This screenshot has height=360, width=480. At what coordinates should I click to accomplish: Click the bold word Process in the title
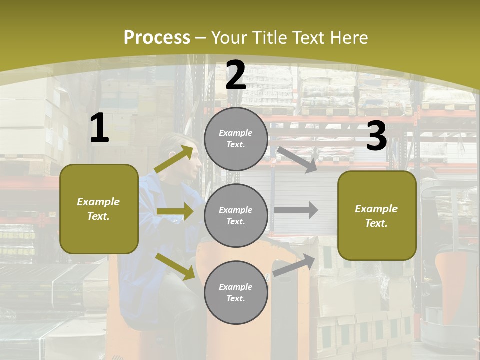pyautogui.click(x=157, y=37)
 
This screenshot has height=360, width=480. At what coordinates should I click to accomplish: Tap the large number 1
pyautogui.click(x=99, y=128)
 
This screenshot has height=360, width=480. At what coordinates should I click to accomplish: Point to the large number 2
pyautogui.click(x=236, y=75)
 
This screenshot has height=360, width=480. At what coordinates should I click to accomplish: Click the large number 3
pyautogui.click(x=376, y=136)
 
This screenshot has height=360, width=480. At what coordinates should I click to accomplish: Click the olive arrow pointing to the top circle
pyautogui.click(x=174, y=159)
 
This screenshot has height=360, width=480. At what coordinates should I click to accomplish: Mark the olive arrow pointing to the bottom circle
pyautogui.click(x=175, y=266)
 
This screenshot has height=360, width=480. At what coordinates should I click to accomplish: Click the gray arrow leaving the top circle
pyautogui.click(x=297, y=159)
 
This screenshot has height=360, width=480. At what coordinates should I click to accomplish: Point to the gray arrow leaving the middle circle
pyautogui.click(x=296, y=210)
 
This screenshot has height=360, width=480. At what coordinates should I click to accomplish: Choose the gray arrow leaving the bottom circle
pyautogui.click(x=294, y=265)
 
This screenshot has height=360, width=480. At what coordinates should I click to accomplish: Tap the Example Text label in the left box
pyautogui.click(x=98, y=209)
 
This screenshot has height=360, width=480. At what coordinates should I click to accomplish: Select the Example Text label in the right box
pyautogui.click(x=376, y=216)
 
